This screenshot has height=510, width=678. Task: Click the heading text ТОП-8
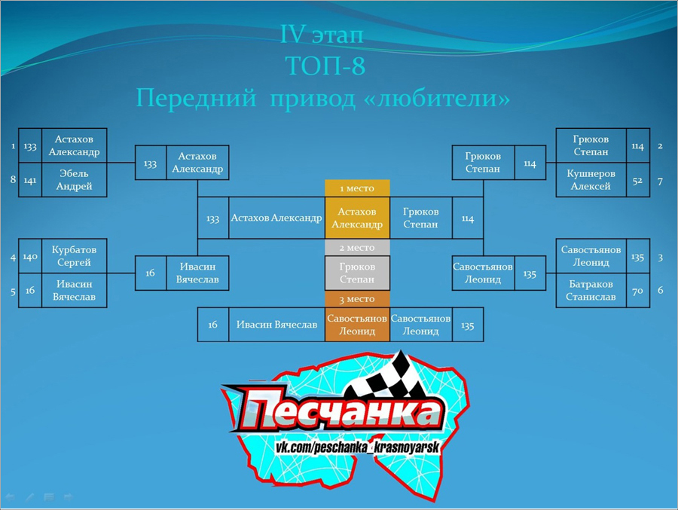coord(325,66)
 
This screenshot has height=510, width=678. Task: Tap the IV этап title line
coord(322,34)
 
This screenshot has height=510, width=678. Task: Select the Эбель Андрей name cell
coord(74,180)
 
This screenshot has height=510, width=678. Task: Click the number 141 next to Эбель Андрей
coord(30,180)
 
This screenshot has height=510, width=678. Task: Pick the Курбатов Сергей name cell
coord(74,256)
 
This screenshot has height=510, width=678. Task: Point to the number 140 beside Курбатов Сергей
coord(30,256)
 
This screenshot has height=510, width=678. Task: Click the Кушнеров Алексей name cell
coord(591,180)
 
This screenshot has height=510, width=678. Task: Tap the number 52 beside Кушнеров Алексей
coord(638,180)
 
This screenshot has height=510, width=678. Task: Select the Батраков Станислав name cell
coord(591,290)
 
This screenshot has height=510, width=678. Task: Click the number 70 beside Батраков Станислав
coord(638,290)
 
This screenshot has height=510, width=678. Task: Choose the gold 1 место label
coord(357,188)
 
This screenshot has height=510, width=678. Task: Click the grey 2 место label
coord(357,247)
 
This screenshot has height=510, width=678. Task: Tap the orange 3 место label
coord(357,299)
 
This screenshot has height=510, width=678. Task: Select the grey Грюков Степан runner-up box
coord(357,273)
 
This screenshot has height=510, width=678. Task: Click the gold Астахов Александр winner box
coord(357,218)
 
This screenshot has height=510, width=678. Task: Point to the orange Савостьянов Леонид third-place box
coord(357,325)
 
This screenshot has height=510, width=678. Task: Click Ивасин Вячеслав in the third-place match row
coord(276,325)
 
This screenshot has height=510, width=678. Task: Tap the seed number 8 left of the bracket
coord(13,179)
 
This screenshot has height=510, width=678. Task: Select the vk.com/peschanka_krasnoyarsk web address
coord(358,447)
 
